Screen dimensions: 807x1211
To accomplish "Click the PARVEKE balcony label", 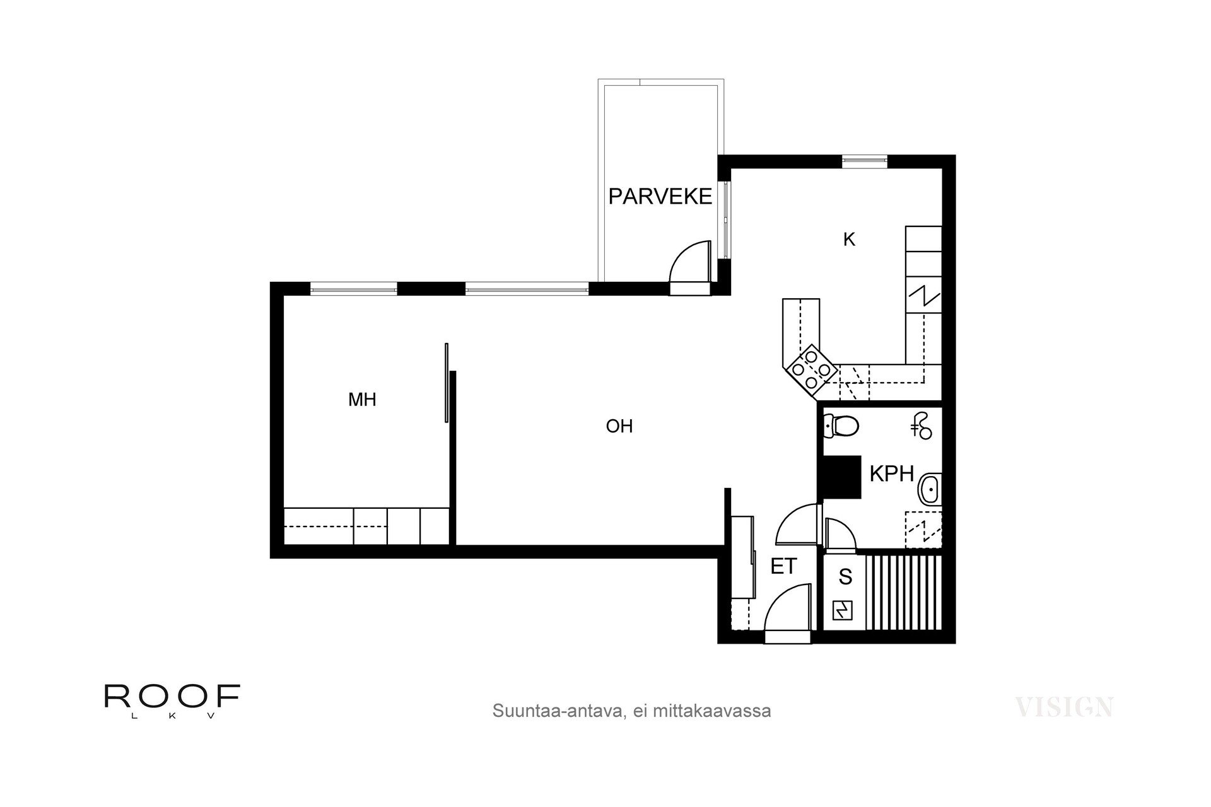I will point(660,197).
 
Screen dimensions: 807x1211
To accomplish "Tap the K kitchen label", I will point(849,240).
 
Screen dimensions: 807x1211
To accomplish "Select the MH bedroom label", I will point(362,400).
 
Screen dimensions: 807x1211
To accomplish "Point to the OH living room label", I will point(619,427).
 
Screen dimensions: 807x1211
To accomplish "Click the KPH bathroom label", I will point(891,474).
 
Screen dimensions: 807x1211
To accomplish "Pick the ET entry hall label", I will point(783,566).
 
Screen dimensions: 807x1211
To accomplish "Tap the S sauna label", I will point(845,577).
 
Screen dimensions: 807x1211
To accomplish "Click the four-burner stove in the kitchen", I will point(810,368).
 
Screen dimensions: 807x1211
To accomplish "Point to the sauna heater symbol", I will point(842,610).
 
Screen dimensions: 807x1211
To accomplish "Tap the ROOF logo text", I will point(172,696).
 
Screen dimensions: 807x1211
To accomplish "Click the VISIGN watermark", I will point(1064,707).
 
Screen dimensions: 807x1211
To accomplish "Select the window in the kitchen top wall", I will point(865,161).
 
